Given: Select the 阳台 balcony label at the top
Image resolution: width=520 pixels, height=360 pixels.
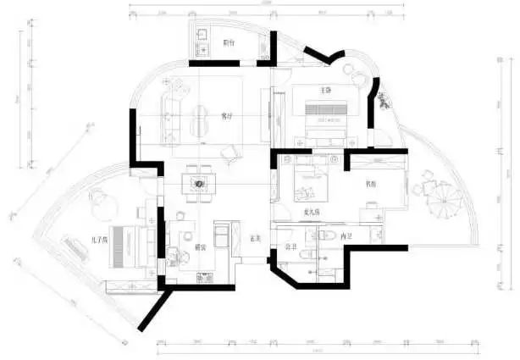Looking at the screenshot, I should (x=228, y=42).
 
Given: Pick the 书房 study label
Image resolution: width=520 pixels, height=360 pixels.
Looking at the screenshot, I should (x=371, y=183).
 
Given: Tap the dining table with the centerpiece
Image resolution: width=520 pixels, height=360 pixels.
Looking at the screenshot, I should (x=200, y=184).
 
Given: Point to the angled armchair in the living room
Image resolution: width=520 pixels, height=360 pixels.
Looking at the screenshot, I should (x=230, y=152).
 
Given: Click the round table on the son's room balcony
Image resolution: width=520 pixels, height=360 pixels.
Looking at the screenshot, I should (x=97, y=198).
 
